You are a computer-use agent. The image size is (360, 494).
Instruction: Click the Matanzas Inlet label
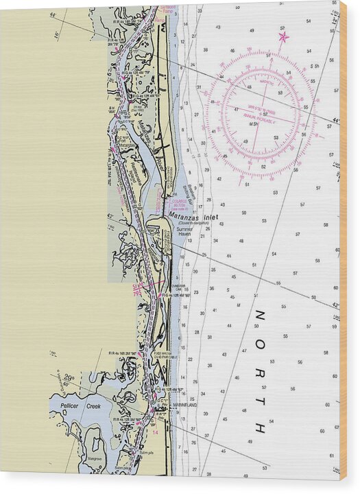tap(193, 217)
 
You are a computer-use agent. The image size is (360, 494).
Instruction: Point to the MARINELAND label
tap(182, 405)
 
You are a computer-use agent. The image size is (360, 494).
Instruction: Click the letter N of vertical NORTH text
tap(260, 315)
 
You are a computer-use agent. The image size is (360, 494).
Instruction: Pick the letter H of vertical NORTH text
tap(260, 428)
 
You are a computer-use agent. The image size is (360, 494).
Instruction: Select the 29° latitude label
tap(69, 378)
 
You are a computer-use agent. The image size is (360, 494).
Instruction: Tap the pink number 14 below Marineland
tap(155, 432)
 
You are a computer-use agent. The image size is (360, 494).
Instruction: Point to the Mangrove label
tap(95, 457)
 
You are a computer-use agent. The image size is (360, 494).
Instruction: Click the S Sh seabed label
tap(315, 66)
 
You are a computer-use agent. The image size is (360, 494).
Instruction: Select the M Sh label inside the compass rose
tap(253, 123)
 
